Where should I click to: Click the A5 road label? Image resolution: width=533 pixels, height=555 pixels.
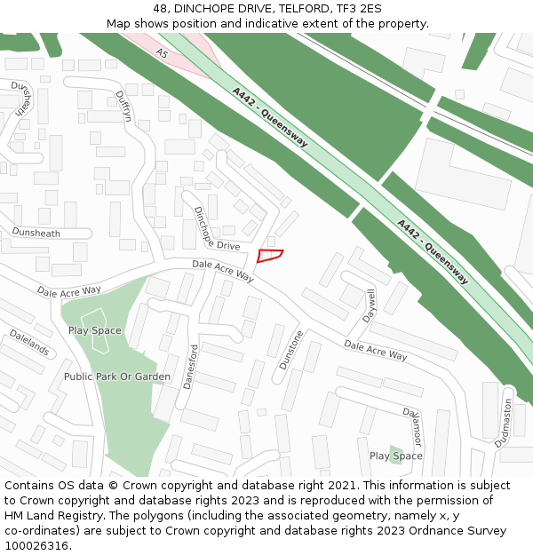[x=161, y=54]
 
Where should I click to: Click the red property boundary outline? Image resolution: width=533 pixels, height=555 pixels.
[x=270, y=256]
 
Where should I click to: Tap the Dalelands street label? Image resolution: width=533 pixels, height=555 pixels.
[x=28, y=342]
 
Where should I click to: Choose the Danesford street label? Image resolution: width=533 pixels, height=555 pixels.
[x=189, y=367]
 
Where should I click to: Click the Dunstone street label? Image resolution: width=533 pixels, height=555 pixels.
[x=291, y=349]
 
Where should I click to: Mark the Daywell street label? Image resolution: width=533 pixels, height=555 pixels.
[x=370, y=305]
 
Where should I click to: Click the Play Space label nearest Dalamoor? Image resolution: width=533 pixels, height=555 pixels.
[x=396, y=456]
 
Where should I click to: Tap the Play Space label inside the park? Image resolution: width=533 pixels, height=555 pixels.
[x=94, y=330]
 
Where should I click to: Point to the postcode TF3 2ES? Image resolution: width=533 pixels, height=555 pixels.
[x=359, y=9]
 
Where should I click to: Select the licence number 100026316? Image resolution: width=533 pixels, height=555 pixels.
[x=37, y=546]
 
